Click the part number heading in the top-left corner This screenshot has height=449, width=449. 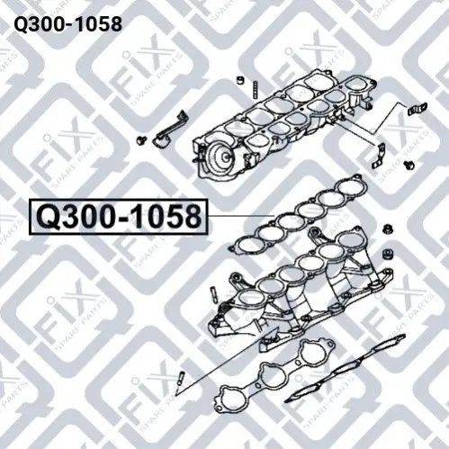(68, 24)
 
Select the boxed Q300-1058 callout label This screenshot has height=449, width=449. (119, 216)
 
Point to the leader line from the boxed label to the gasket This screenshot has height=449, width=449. (241, 216)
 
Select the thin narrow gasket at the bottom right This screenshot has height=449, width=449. (345, 368)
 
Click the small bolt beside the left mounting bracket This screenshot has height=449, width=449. (140, 139)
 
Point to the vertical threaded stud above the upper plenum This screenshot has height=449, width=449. (255, 90)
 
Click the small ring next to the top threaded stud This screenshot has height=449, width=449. (240, 80)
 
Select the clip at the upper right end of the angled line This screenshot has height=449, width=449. (418, 109)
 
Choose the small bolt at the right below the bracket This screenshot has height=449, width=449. (409, 165)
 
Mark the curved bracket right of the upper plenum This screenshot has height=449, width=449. (379, 156)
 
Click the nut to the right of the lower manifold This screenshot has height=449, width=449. (388, 230)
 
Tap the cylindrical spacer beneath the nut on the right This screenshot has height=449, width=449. (388, 255)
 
